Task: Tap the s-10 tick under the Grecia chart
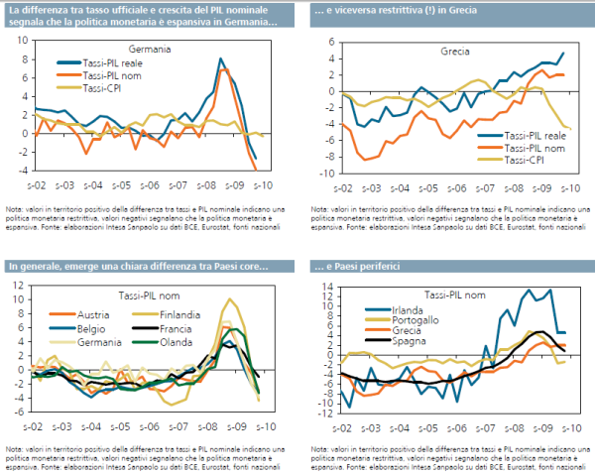[572, 185]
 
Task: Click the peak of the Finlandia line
[229, 298]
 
